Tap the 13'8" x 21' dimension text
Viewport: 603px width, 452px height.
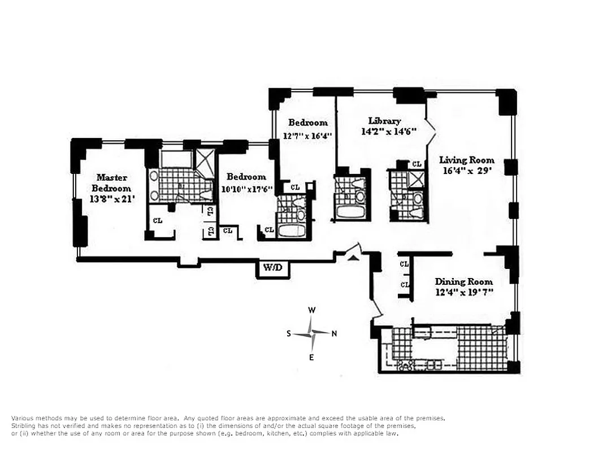point(112,198)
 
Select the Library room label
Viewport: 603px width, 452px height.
point(384,121)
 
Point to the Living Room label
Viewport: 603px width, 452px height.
point(467,160)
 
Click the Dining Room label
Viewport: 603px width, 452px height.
point(463,281)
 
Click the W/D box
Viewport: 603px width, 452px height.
point(273,268)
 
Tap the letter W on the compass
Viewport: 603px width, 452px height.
point(311,310)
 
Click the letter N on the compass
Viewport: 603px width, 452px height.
point(334,333)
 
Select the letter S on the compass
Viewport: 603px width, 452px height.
point(289,333)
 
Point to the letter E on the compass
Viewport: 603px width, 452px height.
point(311,357)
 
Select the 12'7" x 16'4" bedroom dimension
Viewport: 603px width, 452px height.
point(307,136)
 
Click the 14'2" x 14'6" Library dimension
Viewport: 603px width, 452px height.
point(389,132)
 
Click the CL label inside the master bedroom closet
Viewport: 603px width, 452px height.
point(157,220)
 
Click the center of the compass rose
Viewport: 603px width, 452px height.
point(311,333)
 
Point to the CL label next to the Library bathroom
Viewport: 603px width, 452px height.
point(417,164)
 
